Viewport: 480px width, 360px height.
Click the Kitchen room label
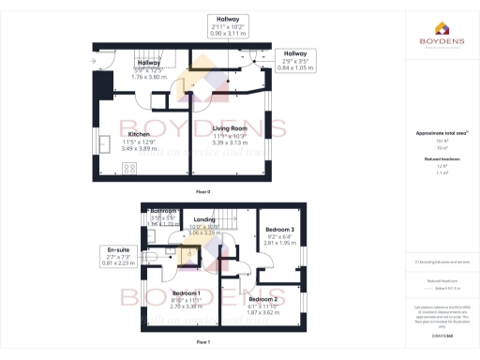tap(140, 134)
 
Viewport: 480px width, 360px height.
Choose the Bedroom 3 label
tap(278, 229)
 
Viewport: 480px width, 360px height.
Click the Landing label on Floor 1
tap(203, 218)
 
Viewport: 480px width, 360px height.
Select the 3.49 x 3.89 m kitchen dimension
tap(140, 148)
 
